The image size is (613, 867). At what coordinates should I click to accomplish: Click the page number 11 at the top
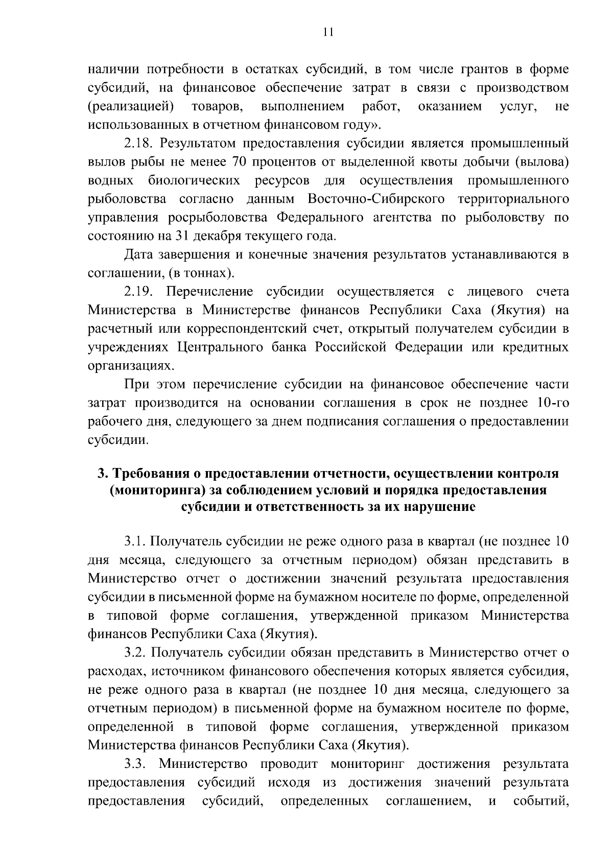click(x=328, y=33)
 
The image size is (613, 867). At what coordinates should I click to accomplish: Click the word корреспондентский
click(x=228, y=329)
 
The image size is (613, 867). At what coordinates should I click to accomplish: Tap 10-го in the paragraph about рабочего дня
click(x=551, y=403)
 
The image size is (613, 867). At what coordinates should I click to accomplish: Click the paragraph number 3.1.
click(x=135, y=542)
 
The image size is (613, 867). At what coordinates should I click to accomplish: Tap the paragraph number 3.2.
click(x=135, y=652)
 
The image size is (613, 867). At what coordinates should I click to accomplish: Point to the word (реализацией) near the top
click(x=131, y=107)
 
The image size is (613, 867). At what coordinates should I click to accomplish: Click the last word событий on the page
click(x=541, y=801)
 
